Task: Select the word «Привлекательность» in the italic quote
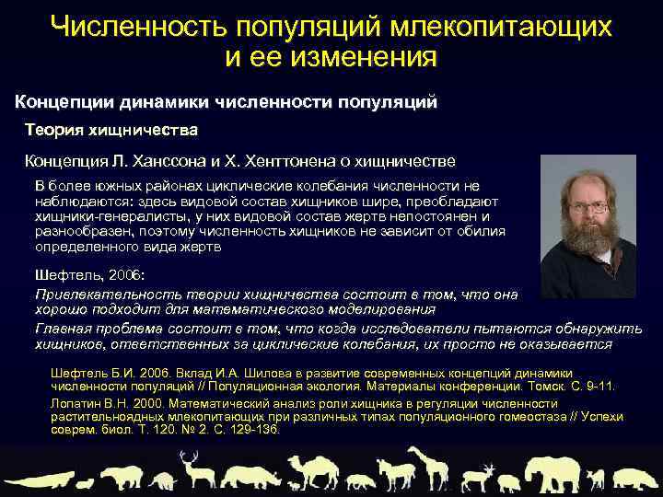tap(98, 295)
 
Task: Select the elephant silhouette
tap(546, 472)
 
